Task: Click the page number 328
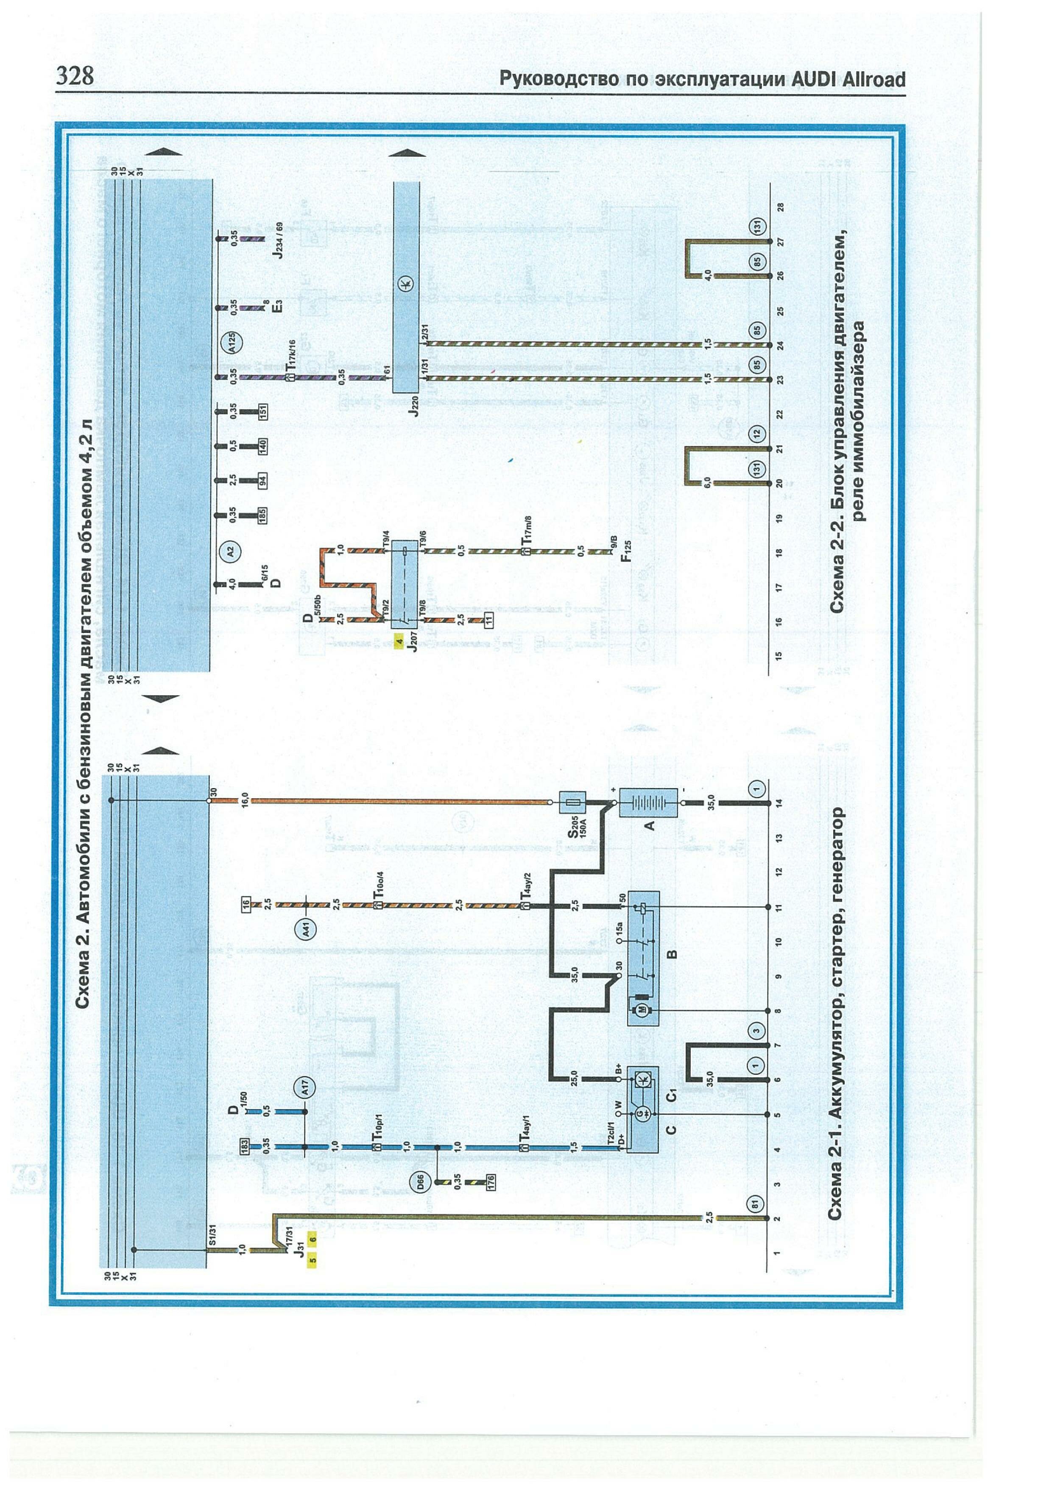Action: pos(75,76)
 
